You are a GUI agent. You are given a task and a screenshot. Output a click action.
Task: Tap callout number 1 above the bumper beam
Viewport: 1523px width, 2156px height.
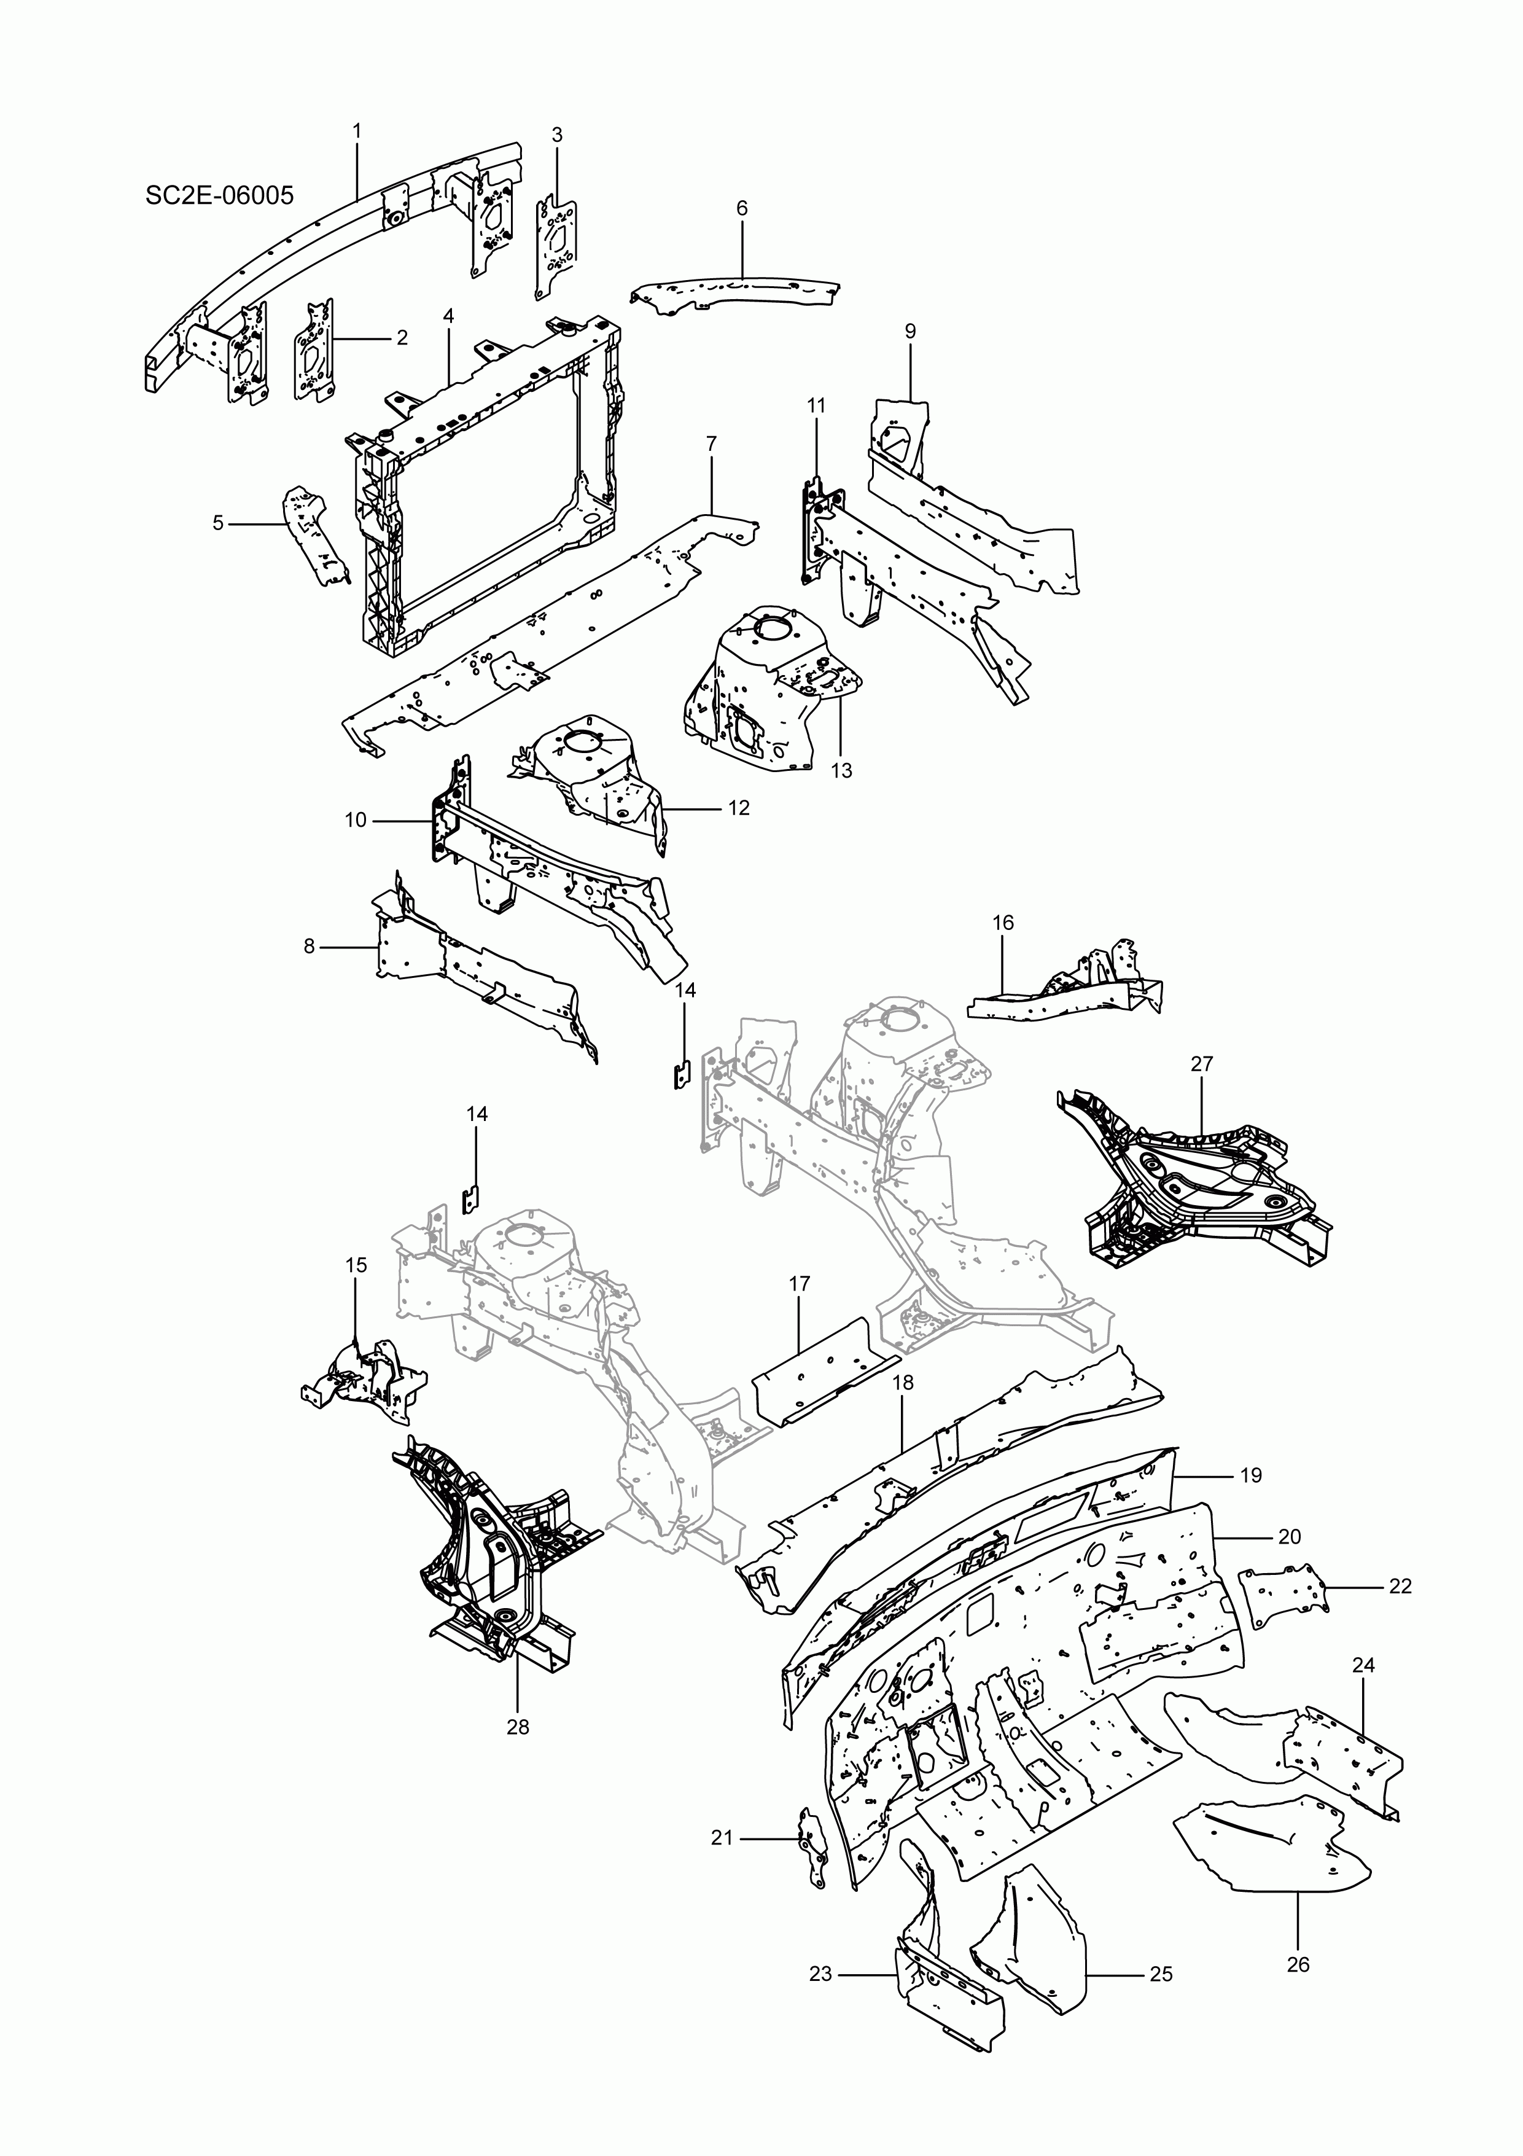pyautogui.click(x=357, y=130)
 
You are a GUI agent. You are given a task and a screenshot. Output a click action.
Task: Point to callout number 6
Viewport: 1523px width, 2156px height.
pyautogui.click(x=742, y=208)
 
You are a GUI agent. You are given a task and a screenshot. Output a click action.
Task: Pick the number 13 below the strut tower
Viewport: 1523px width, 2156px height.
pyautogui.click(x=841, y=770)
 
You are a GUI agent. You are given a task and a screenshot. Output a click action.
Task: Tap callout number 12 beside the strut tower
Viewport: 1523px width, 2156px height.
pyautogui.click(x=738, y=808)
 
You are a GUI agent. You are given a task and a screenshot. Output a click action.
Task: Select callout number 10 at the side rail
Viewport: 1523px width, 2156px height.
pyautogui.click(x=355, y=820)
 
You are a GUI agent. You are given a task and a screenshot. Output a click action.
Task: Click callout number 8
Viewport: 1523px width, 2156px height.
pyautogui.click(x=309, y=947)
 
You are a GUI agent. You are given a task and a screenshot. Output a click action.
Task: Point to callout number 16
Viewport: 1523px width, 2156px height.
pyautogui.click(x=1003, y=923)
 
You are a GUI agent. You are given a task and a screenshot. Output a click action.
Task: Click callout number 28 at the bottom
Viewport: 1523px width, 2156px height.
pyautogui.click(x=517, y=1726)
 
